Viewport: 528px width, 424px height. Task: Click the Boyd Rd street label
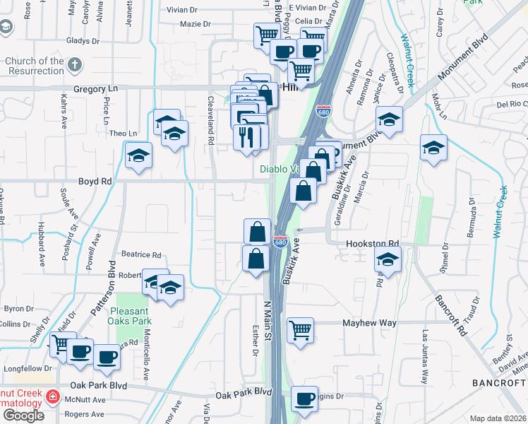(x=95, y=182)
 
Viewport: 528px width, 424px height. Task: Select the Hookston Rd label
(x=372, y=244)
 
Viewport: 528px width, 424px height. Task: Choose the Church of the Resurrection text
(x=35, y=66)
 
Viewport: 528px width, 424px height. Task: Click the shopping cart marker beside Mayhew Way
(x=301, y=330)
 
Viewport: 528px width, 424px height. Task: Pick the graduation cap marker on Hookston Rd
(x=388, y=260)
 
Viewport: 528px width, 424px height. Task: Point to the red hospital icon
(x=52, y=399)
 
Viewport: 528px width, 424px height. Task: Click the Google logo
(x=23, y=416)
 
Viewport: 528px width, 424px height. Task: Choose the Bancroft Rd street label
(x=452, y=314)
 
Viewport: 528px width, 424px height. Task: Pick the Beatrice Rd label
(x=141, y=255)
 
